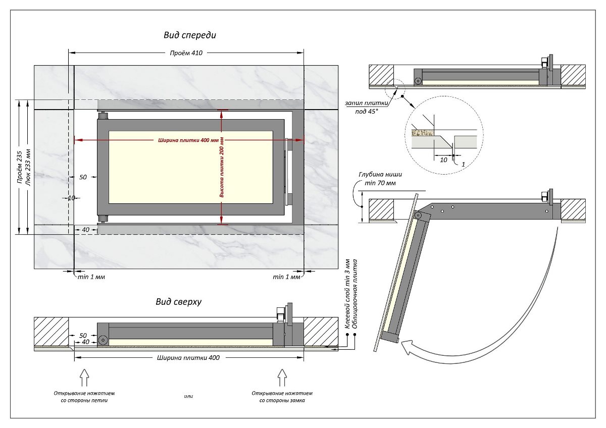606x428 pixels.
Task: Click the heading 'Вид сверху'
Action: (x=179, y=302)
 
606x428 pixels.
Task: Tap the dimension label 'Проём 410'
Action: (x=185, y=53)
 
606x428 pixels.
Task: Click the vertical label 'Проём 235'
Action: (x=19, y=167)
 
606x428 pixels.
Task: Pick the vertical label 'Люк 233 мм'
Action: (x=28, y=167)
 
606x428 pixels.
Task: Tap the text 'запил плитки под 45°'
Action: (x=367, y=106)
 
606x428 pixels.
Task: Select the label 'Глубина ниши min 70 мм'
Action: (x=380, y=178)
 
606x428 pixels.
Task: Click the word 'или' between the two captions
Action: (x=188, y=396)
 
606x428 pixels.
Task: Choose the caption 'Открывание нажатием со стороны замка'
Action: (x=282, y=396)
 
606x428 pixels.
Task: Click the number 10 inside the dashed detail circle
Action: (x=443, y=159)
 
